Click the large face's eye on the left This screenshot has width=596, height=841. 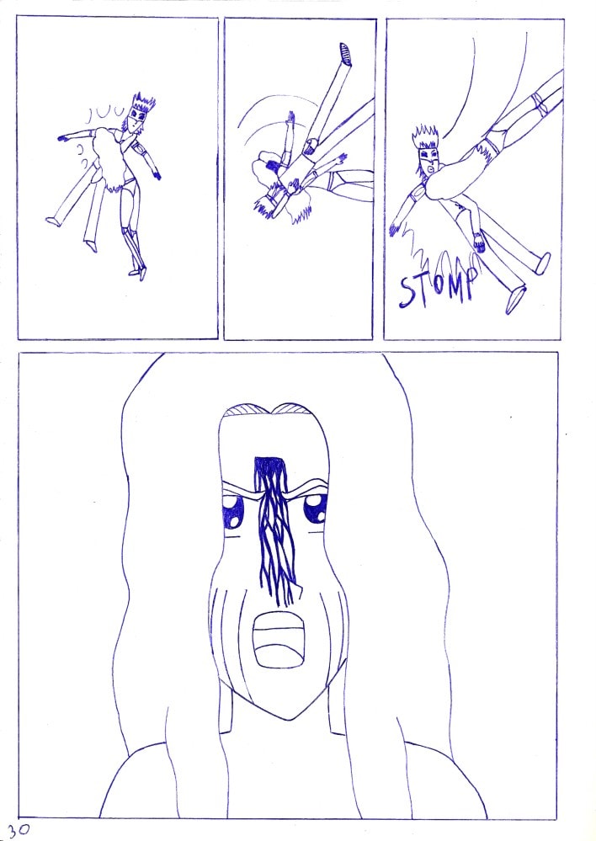[233, 511]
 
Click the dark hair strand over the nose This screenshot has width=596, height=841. [275, 530]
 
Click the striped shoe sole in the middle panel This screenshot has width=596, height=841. [345, 54]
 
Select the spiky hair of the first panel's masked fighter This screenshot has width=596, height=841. [143, 103]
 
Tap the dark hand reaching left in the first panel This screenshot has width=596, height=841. [63, 138]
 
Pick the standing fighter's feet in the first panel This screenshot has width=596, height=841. [138, 273]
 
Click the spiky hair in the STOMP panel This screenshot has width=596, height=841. [425, 137]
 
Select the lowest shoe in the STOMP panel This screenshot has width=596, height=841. [515, 300]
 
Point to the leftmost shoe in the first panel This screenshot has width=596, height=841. [52, 221]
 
